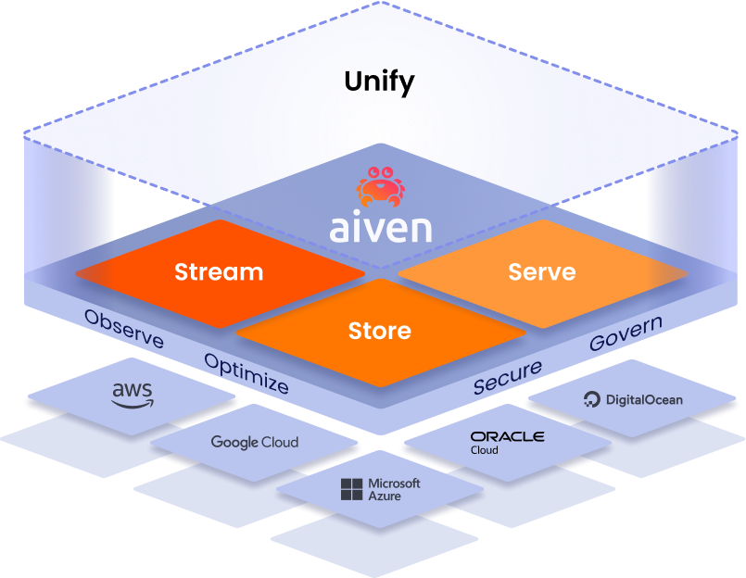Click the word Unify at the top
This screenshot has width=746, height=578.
click(x=379, y=82)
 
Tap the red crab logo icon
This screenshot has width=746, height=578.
click(x=381, y=185)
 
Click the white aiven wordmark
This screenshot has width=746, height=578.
click(x=381, y=226)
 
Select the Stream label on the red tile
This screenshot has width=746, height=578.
click(x=219, y=272)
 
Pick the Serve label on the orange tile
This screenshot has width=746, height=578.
click(x=542, y=272)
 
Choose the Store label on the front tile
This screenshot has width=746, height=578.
click(x=380, y=330)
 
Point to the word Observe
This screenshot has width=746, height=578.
click(x=123, y=330)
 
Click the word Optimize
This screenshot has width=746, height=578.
click(x=246, y=373)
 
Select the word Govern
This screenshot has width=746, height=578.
click(x=626, y=333)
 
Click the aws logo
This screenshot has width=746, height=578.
click(x=132, y=395)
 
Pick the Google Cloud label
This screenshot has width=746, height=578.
click(x=255, y=443)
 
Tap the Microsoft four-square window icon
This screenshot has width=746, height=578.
click(x=352, y=490)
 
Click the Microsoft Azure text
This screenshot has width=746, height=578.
click(x=394, y=490)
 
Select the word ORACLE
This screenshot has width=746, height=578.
click(x=507, y=436)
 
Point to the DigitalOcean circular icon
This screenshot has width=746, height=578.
click(x=592, y=400)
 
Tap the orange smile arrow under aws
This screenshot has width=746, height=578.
click(x=133, y=404)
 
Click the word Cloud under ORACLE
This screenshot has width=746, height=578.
click(x=484, y=450)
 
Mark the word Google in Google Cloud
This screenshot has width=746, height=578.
click(x=234, y=443)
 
